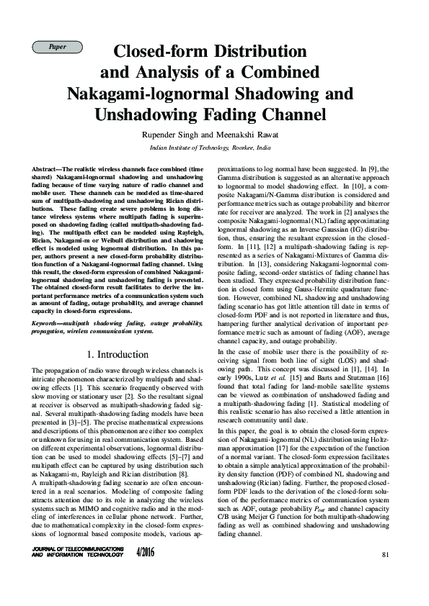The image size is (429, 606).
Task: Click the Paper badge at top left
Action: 57,47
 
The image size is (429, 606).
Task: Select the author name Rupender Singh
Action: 190,135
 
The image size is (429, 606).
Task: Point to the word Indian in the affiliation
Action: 161,146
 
